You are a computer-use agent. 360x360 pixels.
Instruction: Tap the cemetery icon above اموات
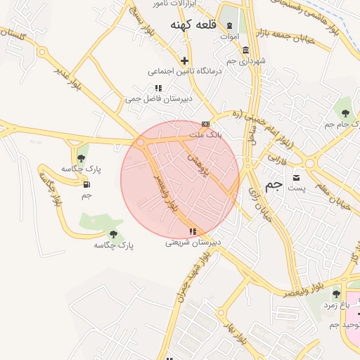(x=229, y=25)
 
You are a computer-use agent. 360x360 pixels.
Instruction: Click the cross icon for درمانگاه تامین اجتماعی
(x=184, y=60)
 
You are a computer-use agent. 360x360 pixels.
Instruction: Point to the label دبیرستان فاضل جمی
(x=153, y=99)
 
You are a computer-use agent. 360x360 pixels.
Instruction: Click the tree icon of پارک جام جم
(x=344, y=112)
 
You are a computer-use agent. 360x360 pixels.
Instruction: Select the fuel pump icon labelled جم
(x=86, y=185)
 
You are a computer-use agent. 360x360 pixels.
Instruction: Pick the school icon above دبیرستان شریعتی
(x=193, y=231)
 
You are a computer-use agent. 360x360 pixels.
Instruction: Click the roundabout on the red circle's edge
(x=141, y=142)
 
